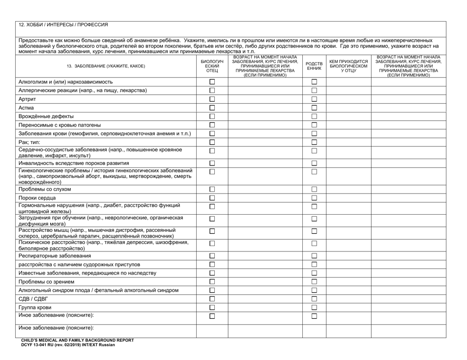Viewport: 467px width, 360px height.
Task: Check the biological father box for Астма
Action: pyautogui.click(x=212, y=108)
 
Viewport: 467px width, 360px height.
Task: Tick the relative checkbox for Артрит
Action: pyautogui.click(x=314, y=99)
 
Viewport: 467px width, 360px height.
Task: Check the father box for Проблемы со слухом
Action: pyautogui.click(x=212, y=189)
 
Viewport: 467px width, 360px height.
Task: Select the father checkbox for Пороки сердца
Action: pyautogui.click(x=212, y=198)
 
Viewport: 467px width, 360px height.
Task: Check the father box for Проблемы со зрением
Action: pyautogui.click(x=212, y=281)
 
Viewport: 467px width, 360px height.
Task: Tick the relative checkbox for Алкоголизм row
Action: pyautogui.click(x=314, y=82)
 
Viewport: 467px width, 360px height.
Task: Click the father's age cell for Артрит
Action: pyautogui.click(x=265, y=99)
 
